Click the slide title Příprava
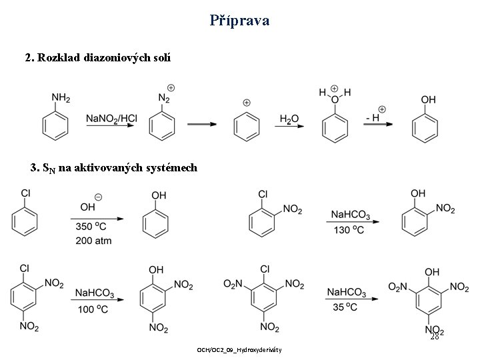239,20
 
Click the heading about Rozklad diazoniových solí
97,58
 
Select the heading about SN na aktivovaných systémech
113,167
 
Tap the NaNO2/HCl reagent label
112,119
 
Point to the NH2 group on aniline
61,98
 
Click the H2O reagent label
289,119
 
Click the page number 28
434,337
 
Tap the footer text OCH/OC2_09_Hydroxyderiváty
240,350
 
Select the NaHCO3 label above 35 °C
347,292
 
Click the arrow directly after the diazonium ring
201,123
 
